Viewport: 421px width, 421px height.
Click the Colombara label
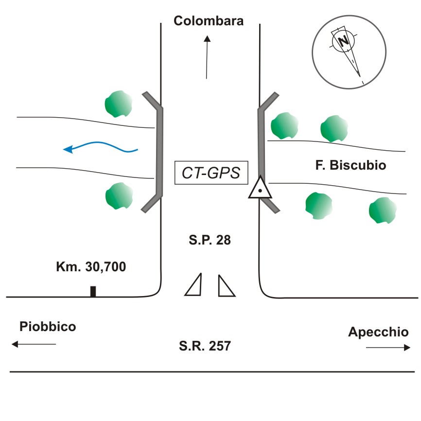coord(209,20)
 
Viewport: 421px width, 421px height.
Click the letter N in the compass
coord(344,41)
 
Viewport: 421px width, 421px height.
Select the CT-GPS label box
coord(211,173)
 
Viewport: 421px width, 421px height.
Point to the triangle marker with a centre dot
coord(260,189)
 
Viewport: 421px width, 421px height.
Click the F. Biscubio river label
coord(351,165)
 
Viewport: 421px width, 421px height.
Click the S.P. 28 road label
coord(210,240)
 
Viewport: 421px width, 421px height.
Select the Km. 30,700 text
coord(91,266)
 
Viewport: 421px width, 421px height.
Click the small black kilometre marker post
coord(93,291)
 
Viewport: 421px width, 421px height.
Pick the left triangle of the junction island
coord(194,285)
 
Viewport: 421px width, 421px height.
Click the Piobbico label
coord(48,326)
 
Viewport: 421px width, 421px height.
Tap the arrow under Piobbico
coord(34,344)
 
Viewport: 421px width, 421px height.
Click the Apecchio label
coord(378,332)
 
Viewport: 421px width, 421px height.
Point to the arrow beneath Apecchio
coord(388,348)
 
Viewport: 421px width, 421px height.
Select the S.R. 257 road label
coord(204,346)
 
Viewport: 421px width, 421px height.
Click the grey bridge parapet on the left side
coord(158,151)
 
